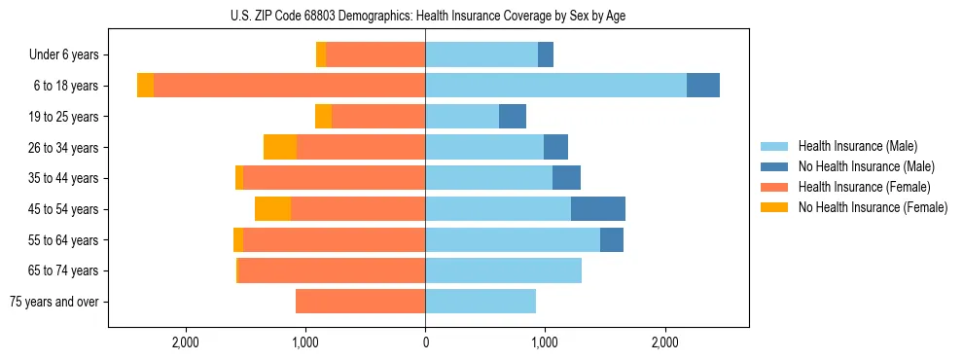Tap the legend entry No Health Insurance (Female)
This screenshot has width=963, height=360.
click(872, 207)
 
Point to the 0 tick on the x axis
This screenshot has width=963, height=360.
click(425, 342)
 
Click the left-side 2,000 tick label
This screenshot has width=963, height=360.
click(185, 342)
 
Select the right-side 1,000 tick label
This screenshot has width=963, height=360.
click(545, 342)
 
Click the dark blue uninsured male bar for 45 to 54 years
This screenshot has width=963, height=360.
click(598, 209)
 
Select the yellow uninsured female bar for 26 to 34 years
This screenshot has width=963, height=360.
click(280, 148)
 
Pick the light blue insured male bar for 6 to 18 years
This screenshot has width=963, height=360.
click(555, 86)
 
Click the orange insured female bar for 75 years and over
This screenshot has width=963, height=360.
click(360, 302)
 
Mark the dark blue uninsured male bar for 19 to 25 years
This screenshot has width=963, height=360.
click(513, 117)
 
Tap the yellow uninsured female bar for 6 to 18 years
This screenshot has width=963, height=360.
click(145, 86)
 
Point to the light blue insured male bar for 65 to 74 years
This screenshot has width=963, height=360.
click(503, 270)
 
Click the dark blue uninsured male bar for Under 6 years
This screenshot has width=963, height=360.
click(546, 55)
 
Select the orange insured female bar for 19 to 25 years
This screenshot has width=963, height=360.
click(378, 117)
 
